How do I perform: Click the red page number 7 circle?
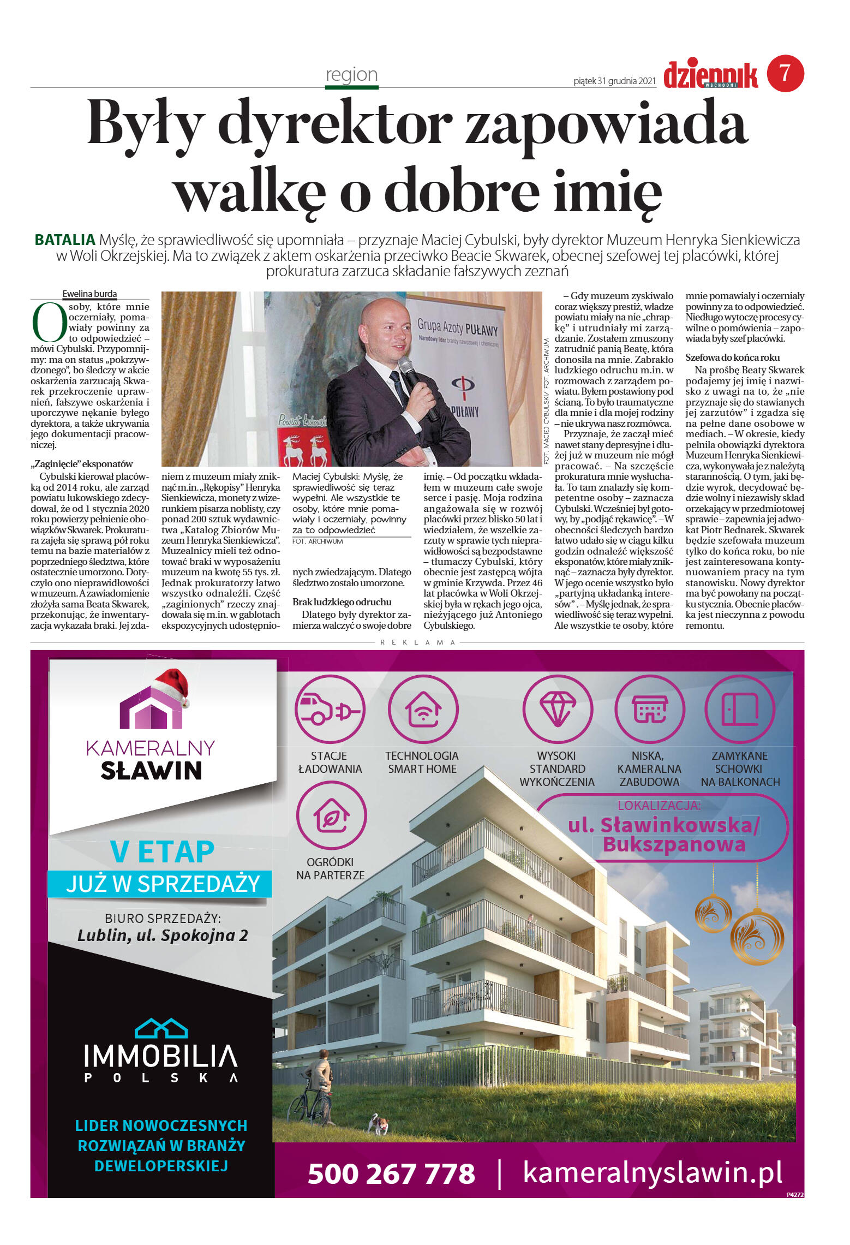(x=785, y=73)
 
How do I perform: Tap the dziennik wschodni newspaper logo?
(x=710, y=75)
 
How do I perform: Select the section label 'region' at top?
(x=351, y=75)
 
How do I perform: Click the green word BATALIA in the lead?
(x=65, y=240)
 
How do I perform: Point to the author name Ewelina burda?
(x=89, y=294)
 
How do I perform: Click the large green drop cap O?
(x=49, y=322)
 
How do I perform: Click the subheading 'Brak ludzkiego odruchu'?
(x=342, y=602)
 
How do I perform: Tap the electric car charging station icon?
(x=330, y=710)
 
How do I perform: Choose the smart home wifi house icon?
(x=423, y=710)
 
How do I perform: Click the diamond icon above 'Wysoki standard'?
(x=557, y=710)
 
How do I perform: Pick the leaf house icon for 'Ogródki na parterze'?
(x=331, y=816)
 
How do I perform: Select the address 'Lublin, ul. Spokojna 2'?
(x=163, y=936)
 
